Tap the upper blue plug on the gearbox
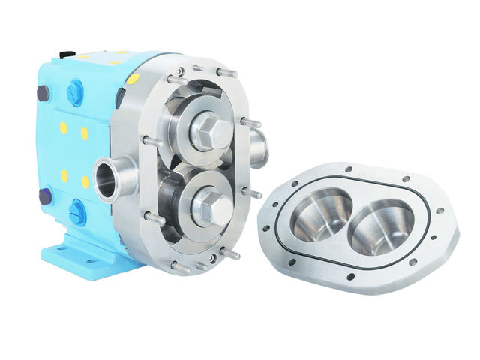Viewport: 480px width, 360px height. click(x=75, y=92)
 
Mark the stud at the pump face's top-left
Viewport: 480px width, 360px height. click(x=175, y=79)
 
